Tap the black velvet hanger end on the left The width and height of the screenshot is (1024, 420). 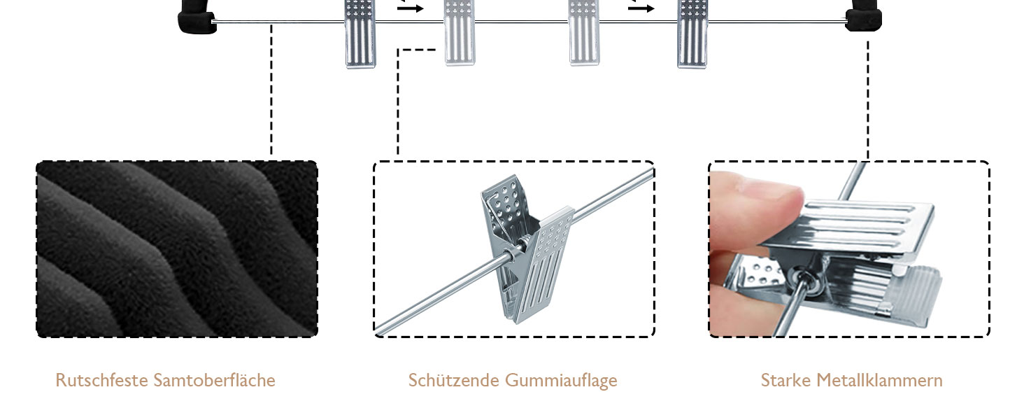(195, 18)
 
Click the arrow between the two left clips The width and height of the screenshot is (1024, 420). (411, 8)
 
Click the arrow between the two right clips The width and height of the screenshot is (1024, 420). (641, 8)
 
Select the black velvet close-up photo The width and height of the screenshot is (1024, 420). (176, 248)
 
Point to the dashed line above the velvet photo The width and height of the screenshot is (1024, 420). (271, 91)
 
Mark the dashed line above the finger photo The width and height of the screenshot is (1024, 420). (868, 98)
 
